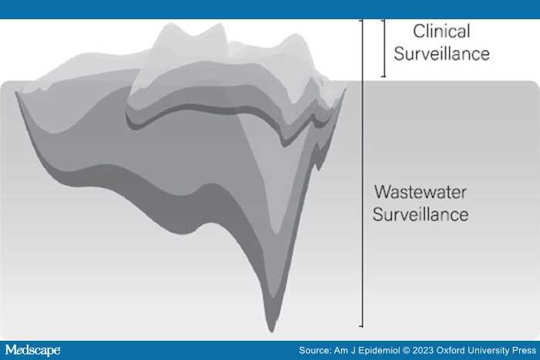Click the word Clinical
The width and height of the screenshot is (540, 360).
(441, 32)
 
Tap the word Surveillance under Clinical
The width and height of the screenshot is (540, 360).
(442, 54)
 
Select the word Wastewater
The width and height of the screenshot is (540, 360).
(420, 192)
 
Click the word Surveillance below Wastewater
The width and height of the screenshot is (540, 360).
(420, 214)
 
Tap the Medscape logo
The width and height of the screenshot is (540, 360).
(32, 350)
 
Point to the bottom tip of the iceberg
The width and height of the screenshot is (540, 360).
(272, 331)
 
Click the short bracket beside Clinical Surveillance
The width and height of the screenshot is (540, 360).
(384, 49)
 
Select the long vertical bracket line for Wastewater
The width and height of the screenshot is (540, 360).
(362, 173)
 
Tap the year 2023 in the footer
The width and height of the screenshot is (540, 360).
(423, 351)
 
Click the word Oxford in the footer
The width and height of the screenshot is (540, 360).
(449, 351)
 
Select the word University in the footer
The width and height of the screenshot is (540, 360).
(486, 351)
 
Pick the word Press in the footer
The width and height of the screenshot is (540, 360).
(524, 351)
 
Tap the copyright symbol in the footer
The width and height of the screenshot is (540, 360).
(407, 351)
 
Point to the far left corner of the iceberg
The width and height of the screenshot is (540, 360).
(16, 93)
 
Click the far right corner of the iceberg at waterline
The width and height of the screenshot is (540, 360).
(345, 88)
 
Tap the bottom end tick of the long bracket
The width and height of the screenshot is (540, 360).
(361, 325)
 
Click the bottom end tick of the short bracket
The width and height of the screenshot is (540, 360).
(383, 76)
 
